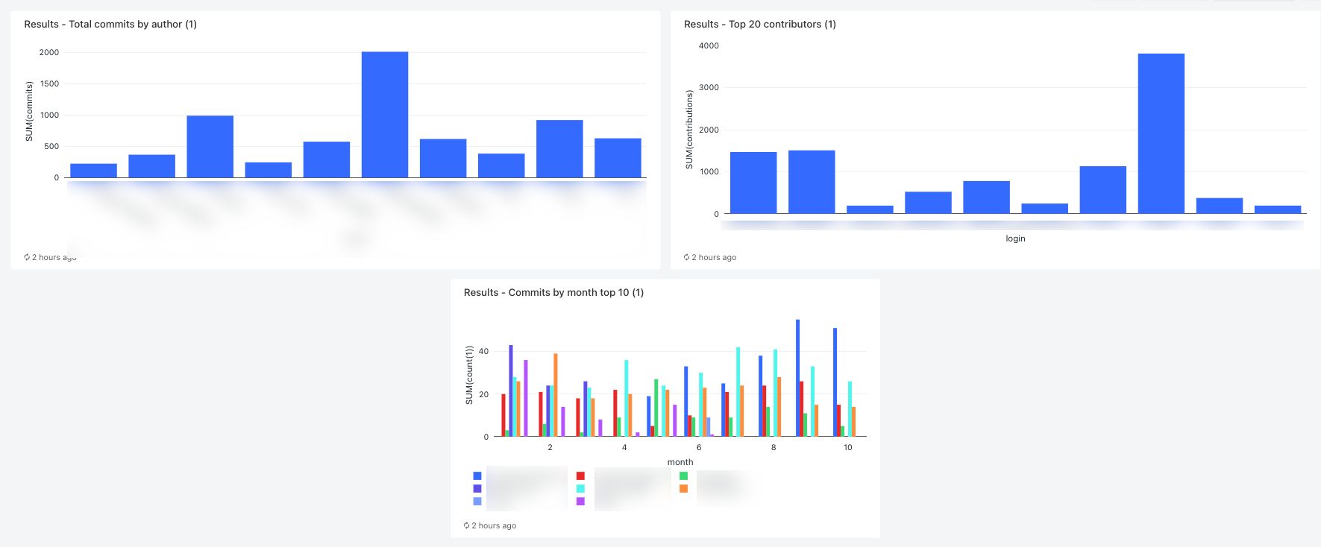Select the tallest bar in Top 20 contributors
coord(1161,133)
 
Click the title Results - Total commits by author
coord(110,25)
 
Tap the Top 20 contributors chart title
coord(759,25)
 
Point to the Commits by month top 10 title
coord(553,293)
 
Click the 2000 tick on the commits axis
coord(49,53)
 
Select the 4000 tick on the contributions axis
coord(709,46)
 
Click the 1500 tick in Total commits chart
coord(49,84)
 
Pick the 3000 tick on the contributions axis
coord(709,88)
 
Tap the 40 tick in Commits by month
coord(483,352)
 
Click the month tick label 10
coord(847,448)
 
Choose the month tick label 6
coord(699,448)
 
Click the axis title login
coord(1015,239)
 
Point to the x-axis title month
coord(680,463)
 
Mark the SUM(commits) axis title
coord(29,112)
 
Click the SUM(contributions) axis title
coord(689,130)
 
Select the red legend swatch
coord(580,476)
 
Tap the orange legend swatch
coord(683,489)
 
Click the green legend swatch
coord(683,476)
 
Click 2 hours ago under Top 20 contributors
coord(713,258)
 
